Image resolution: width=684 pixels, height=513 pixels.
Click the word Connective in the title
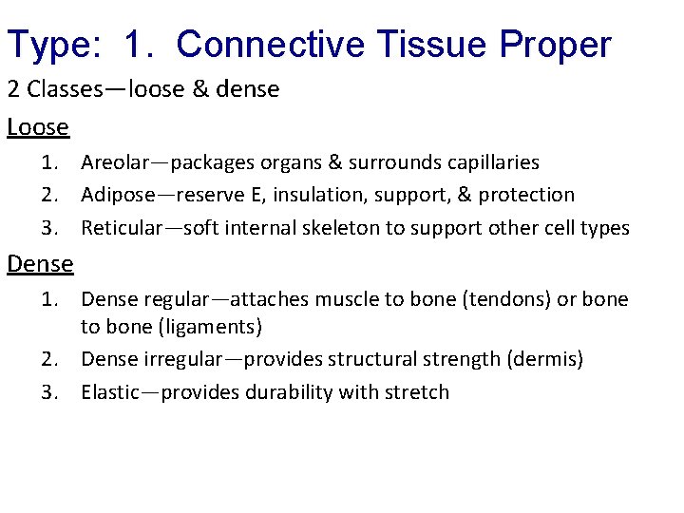click(269, 44)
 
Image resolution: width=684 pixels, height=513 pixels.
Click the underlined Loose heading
click(38, 127)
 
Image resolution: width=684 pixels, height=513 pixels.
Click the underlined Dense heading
click(40, 262)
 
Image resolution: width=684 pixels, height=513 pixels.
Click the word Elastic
click(109, 392)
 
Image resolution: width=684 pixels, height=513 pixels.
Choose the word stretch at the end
click(416, 392)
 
